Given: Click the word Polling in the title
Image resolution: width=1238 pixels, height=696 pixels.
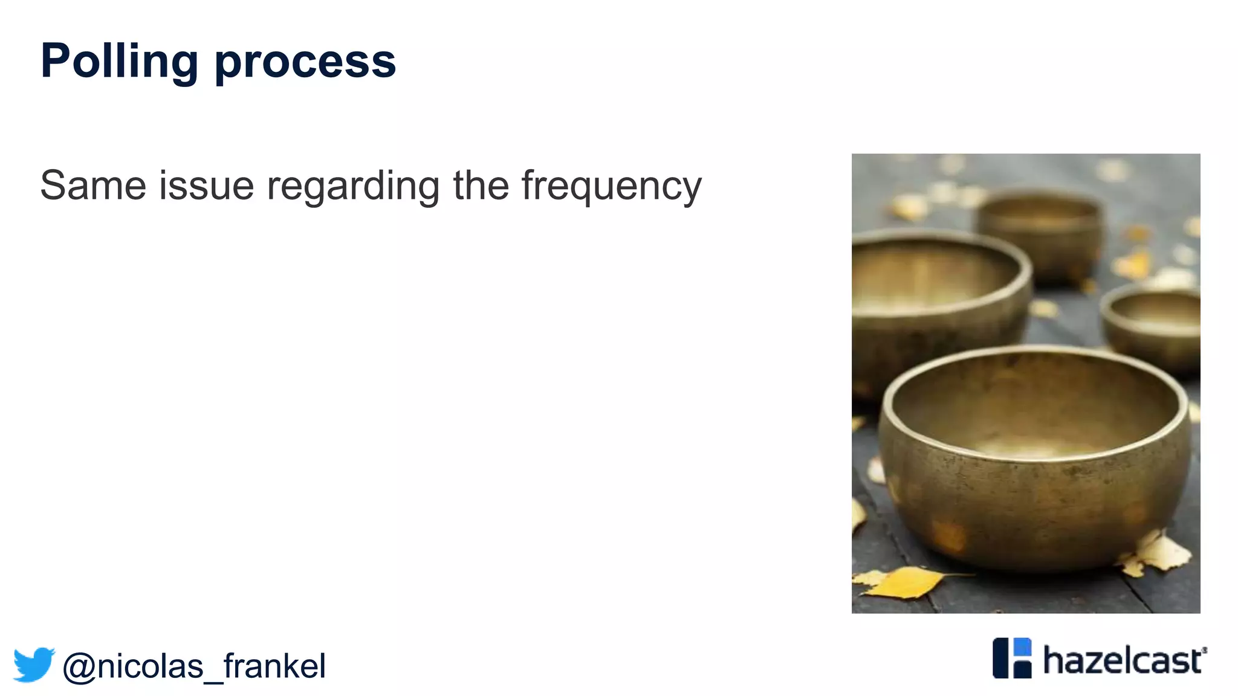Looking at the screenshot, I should (119, 62).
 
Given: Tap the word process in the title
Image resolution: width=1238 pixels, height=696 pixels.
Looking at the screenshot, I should (305, 63).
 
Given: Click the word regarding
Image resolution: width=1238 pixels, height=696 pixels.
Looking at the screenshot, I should (353, 186).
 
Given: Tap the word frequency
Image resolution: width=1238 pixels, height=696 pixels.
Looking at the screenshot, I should (611, 186).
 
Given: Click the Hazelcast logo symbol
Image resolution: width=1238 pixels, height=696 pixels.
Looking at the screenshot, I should (1012, 658).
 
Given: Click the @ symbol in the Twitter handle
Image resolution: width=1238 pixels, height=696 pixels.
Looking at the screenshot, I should (79, 667).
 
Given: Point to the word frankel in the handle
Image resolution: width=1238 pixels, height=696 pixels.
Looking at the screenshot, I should (274, 666).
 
